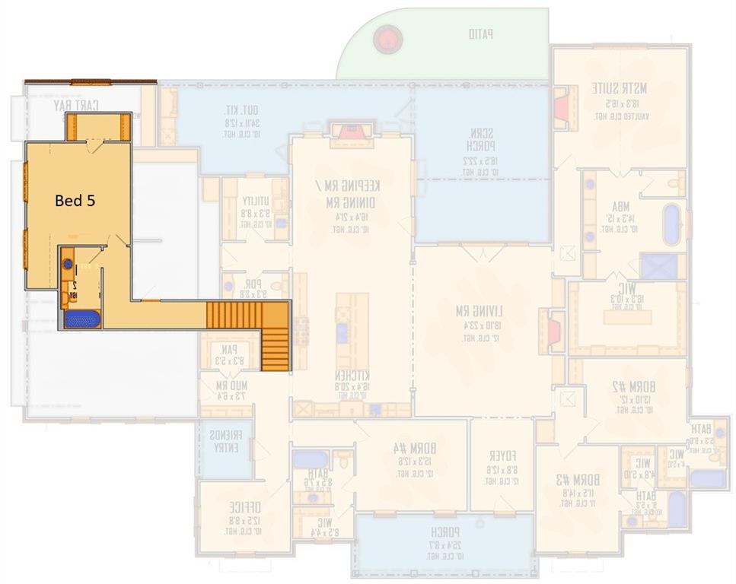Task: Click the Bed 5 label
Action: point(75,201)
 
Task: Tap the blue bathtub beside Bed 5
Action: point(81,319)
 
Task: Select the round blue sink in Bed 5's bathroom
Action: point(68,265)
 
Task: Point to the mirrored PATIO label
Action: point(480,33)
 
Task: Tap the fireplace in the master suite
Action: point(562,105)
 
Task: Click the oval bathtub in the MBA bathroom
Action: point(671,225)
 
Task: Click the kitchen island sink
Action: point(343,332)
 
